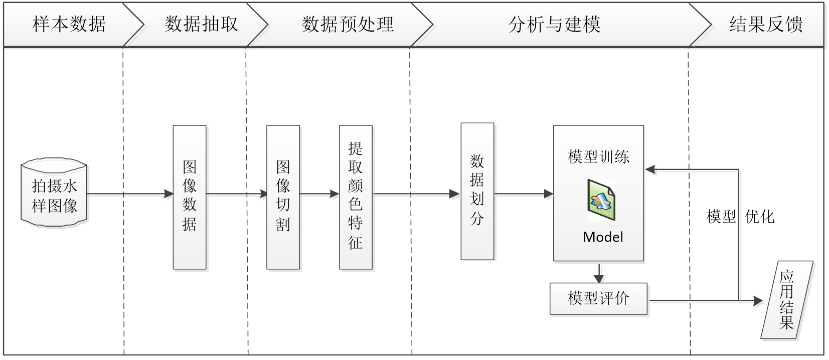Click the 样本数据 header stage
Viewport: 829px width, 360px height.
(x=69, y=24)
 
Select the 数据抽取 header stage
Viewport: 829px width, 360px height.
(x=201, y=24)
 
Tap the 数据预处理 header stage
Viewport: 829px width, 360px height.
(x=348, y=24)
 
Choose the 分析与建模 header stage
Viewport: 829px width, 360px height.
(x=554, y=24)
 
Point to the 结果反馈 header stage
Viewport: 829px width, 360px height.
(x=765, y=24)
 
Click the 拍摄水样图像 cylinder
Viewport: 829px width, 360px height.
(x=55, y=196)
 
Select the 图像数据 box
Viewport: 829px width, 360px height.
(x=190, y=197)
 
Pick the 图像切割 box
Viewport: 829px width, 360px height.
(x=283, y=197)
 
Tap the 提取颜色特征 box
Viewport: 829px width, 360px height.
(x=356, y=197)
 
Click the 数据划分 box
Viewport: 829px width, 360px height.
(x=477, y=192)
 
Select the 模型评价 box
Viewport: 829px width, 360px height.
(x=599, y=299)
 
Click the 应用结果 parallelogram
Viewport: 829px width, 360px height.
(x=787, y=301)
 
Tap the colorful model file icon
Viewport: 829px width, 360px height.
(x=601, y=200)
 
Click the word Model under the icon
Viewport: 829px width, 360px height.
(x=603, y=237)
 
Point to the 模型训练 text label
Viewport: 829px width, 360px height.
(x=599, y=157)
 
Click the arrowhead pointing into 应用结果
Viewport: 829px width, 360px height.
(x=758, y=301)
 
